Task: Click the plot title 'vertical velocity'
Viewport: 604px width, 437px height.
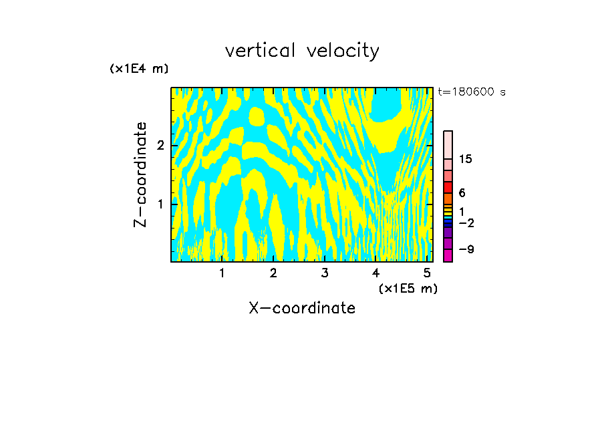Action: (302, 51)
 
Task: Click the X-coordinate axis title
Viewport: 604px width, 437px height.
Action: (302, 308)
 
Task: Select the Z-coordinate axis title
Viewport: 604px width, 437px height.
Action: (140, 174)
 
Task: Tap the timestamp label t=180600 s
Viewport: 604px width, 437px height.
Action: (472, 92)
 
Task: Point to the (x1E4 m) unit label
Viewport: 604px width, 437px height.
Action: (139, 69)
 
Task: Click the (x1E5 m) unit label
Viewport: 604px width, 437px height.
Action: (408, 289)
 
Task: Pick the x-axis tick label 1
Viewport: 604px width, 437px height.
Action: (222, 273)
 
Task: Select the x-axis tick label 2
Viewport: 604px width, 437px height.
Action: (273, 273)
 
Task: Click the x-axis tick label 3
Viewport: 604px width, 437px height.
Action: (325, 273)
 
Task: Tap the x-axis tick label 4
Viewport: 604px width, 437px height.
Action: (376, 273)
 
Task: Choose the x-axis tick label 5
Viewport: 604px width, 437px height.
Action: (427, 273)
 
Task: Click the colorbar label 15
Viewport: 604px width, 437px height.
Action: (465, 159)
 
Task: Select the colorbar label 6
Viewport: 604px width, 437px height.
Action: (462, 193)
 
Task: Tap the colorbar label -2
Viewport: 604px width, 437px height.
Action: (466, 223)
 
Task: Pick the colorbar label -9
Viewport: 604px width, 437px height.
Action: (466, 250)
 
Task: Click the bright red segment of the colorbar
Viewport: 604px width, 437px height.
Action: (448, 187)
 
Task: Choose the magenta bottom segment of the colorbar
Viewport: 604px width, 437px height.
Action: (448, 255)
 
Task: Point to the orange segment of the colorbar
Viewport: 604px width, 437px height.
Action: (448, 198)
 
